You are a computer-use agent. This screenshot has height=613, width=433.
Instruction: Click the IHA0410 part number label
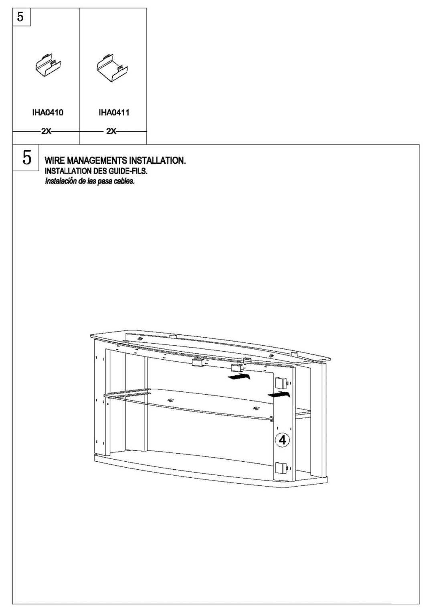click(x=48, y=112)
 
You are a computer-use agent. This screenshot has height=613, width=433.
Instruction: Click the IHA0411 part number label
click(x=114, y=112)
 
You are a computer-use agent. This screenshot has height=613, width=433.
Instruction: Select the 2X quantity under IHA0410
click(x=46, y=131)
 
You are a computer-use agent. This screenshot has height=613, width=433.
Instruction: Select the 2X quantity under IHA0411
click(x=111, y=131)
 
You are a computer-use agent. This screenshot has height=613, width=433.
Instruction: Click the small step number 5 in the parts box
click(x=20, y=17)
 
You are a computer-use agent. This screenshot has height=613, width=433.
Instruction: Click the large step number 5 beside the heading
click(x=26, y=158)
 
